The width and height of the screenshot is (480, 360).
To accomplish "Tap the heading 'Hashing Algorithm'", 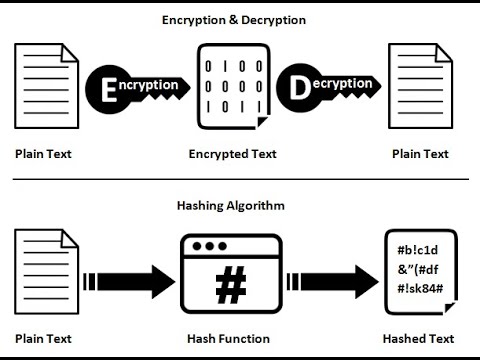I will pos(231,205).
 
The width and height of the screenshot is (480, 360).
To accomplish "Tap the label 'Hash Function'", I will pos(231,338).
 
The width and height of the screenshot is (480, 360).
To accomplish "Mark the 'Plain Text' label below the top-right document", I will pos(421,155).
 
